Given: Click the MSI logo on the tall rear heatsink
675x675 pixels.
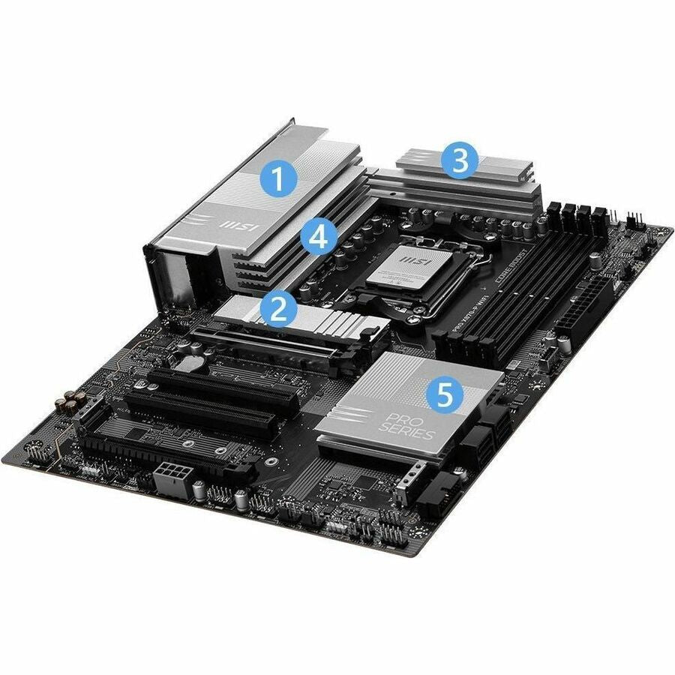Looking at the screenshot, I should (x=229, y=223).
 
